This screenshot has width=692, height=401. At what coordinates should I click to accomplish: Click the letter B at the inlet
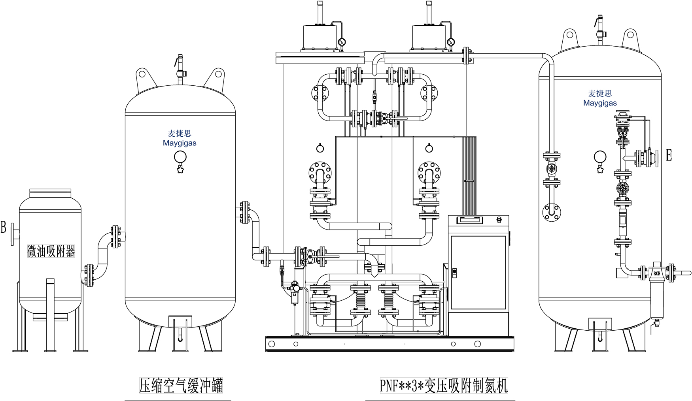coord(4,228)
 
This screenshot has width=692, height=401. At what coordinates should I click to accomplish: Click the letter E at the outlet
coord(669,155)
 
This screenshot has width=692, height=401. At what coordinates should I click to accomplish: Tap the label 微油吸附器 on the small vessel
coord(51,251)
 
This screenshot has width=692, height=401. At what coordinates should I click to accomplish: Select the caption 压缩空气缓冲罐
coord(181,386)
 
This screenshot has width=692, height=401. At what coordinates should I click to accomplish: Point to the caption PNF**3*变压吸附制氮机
coord(444,386)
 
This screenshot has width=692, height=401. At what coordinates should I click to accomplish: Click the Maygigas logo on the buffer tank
coord(180,138)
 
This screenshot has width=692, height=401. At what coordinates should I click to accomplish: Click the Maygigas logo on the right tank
coord(600,98)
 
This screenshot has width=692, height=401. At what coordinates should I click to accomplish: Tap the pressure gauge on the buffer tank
coord(180,157)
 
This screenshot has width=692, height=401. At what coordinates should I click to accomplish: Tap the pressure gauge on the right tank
coord(600,157)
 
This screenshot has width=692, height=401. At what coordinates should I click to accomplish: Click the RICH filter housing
coord(657,273)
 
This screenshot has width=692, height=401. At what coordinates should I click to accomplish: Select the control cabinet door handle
coord(454,272)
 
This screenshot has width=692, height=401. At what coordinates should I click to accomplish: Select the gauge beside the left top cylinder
coord(342,41)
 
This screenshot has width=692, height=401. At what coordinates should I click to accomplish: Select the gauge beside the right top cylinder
coord(450,41)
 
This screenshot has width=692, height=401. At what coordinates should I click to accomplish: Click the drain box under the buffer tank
coord(180,322)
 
